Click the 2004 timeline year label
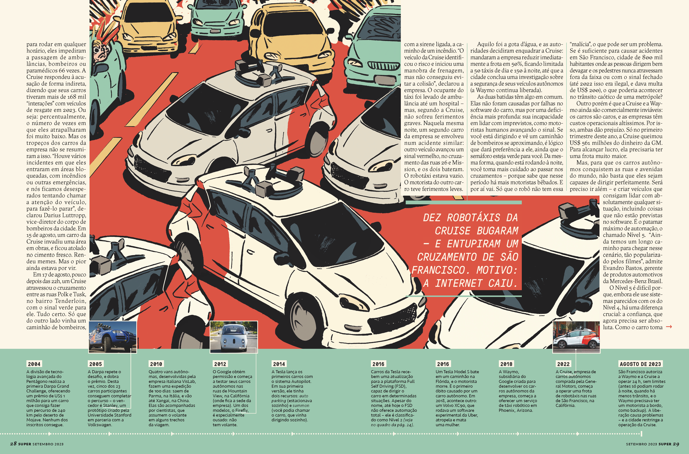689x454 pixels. coord(34,364)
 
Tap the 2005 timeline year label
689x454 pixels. coord(96,364)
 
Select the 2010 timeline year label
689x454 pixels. coord(156,364)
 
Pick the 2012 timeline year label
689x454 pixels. coord(220,364)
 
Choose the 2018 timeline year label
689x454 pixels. coord(506,364)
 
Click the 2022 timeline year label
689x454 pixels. coord(563,364)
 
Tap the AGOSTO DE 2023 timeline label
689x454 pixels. coord(640,364)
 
